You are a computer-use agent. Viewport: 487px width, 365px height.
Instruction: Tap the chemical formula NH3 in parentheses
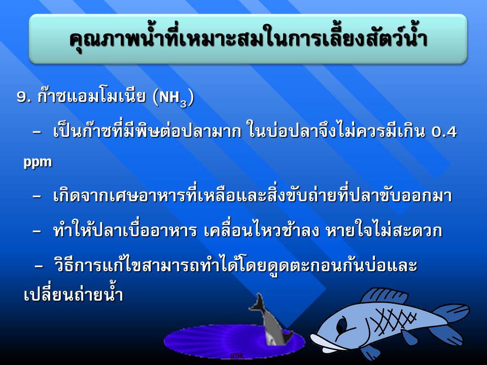click(173, 98)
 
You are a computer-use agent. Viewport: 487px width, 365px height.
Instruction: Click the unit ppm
click(38, 162)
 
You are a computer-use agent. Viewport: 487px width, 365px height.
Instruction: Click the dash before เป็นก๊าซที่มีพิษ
click(37, 131)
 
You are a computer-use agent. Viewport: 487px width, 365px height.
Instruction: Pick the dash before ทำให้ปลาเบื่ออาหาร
click(37, 231)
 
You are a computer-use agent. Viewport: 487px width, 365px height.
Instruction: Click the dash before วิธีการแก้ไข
click(39, 266)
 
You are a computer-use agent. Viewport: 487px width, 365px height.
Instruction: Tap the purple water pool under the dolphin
click(234, 341)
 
